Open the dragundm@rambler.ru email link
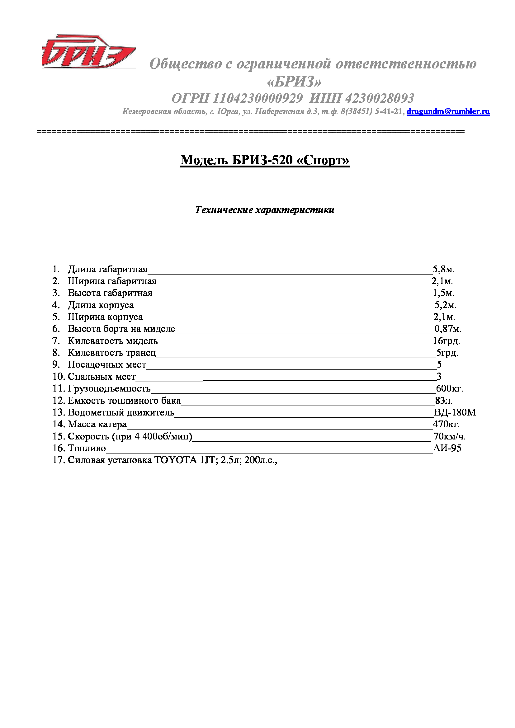(448, 111)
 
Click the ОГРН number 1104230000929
(257, 98)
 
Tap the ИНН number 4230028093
(379, 98)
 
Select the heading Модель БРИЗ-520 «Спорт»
(264, 160)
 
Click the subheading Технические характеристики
(264, 209)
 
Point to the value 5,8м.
(444, 269)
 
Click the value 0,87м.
(447, 329)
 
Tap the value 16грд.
(446, 341)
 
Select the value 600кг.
(449, 388)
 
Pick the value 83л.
(444, 401)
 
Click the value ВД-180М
(455, 412)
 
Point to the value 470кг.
(446, 424)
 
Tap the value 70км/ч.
(449, 436)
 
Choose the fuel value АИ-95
(447, 448)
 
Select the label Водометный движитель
(121, 412)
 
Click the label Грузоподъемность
(109, 388)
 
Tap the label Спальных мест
(102, 376)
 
